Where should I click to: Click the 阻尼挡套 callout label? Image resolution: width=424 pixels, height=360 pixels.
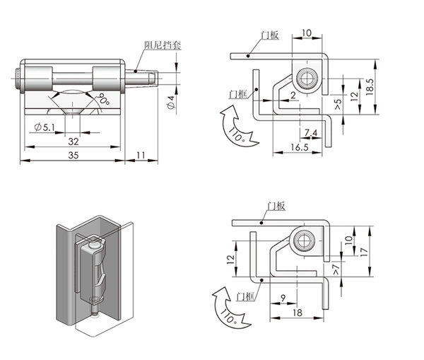pyautogui.click(x=163, y=45)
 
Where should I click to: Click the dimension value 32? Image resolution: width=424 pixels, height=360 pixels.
pyautogui.click(x=73, y=141)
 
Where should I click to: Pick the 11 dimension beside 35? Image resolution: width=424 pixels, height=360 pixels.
pyautogui.click(x=140, y=154)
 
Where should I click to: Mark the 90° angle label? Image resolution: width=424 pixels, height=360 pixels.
pyautogui.click(x=105, y=100)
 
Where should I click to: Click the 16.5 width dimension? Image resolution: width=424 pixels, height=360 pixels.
pyautogui.click(x=298, y=147)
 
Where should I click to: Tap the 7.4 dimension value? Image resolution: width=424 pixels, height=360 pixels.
pyautogui.click(x=311, y=133)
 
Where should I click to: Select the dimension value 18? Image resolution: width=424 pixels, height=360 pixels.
pyautogui.click(x=298, y=312)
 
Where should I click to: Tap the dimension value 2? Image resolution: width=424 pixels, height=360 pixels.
pyautogui.click(x=293, y=94)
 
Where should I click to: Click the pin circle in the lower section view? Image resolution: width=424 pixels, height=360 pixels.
pyautogui.click(x=305, y=240)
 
